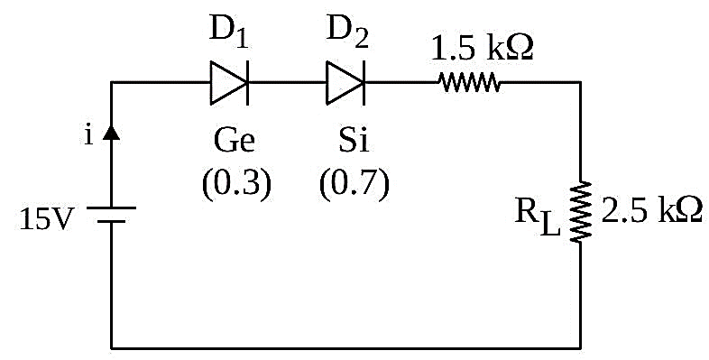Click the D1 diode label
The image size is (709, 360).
click(228, 32)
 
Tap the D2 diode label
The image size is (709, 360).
click(347, 32)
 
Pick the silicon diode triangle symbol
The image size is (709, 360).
click(345, 83)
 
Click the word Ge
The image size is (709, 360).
click(235, 140)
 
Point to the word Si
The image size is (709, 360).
click(353, 140)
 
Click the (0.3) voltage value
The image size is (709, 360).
click(236, 184)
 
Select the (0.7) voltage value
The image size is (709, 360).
click(354, 184)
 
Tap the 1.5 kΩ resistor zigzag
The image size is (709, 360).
click(469, 83)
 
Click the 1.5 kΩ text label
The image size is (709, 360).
click(483, 48)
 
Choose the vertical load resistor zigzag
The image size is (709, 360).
click(581, 212)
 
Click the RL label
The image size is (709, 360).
click(538, 217)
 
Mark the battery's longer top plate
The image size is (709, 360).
click(111, 208)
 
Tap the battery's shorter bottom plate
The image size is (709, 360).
click(111, 222)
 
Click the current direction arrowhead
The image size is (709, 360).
click(111, 133)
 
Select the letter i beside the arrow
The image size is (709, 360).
click(88, 134)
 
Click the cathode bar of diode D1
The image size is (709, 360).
click(247, 83)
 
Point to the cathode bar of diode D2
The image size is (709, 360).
click(364, 83)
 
